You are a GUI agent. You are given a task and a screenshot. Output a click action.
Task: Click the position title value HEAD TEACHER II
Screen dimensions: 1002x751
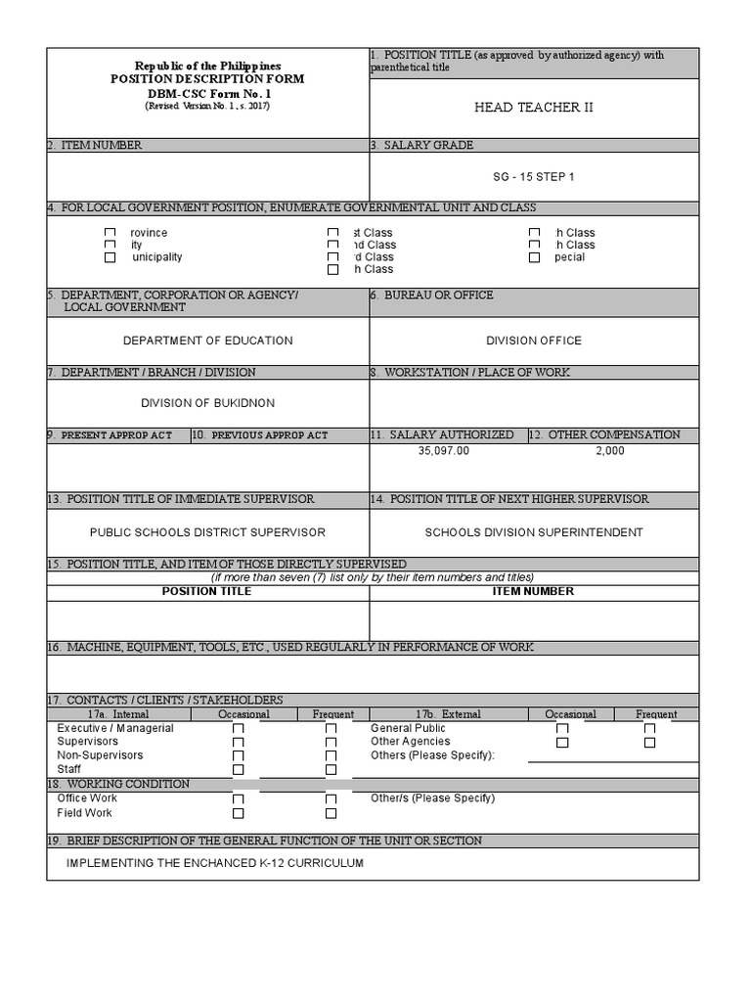[x=533, y=108]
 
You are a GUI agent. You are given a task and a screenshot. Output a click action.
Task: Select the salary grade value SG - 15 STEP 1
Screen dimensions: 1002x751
[x=534, y=177]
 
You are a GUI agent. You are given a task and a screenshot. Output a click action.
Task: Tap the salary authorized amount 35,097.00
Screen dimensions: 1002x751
[x=444, y=451]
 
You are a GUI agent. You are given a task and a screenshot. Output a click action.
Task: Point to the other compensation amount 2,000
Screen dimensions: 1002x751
[x=610, y=451]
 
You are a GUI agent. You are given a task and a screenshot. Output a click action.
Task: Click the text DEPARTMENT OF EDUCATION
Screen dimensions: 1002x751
[x=207, y=341]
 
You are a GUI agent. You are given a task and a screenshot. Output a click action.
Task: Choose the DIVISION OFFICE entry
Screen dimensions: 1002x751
[x=534, y=341]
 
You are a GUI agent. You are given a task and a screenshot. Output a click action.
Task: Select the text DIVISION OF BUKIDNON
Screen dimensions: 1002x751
[x=207, y=403]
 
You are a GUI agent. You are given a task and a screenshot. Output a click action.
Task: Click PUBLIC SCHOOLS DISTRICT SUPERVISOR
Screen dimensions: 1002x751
[x=207, y=532]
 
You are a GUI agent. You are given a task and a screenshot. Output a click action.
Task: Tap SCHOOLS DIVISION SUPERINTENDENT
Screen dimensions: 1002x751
[x=534, y=532]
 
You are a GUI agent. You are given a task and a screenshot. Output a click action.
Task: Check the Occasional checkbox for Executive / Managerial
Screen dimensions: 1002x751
[x=238, y=729]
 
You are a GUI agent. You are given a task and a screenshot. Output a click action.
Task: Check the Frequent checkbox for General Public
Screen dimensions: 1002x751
[x=649, y=729]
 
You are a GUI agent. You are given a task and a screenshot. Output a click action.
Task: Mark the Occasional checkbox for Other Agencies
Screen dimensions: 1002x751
[x=562, y=743]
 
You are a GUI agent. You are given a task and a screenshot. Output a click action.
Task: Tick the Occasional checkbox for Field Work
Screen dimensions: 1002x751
[x=238, y=813]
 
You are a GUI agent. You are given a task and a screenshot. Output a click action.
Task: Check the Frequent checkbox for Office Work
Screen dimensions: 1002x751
[x=331, y=799]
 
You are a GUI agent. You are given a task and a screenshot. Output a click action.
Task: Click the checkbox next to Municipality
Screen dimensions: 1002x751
[x=110, y=257]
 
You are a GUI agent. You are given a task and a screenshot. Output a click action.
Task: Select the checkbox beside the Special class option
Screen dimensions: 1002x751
[x=534, y=257]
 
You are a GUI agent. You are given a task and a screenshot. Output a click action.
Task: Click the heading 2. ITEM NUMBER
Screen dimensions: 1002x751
[x=95, y=145]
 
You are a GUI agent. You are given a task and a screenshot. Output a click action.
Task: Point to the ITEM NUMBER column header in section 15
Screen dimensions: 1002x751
[x=533, y=591]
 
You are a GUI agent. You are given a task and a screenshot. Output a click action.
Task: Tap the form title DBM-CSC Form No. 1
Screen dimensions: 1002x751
[x=207, y=92]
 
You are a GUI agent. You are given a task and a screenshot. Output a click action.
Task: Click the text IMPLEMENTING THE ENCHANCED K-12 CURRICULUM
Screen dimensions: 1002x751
[x=214, y=863]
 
